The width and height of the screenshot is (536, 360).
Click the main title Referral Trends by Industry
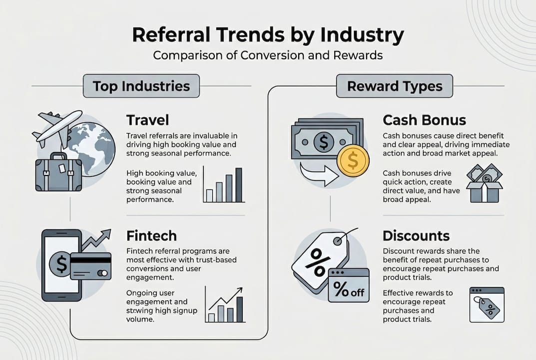[x=268, y=34]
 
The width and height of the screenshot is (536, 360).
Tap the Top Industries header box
[x=141, y=86]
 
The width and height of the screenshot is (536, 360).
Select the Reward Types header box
[x=395, y=86]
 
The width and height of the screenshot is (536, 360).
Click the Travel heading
[x=148, y=120]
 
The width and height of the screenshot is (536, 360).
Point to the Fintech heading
[x=151, y=236]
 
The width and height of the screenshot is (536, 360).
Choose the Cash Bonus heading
[x=424, y=120]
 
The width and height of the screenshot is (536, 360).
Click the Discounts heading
[x=416, y=236]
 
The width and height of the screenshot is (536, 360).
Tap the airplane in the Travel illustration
[x=58, y=128]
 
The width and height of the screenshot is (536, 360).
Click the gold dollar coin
[x=353, y=160]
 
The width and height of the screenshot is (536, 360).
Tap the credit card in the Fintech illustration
[x=90, y=266]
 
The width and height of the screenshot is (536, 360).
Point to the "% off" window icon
[x=349, y=285]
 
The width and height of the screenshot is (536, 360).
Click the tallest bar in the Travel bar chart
[x=239, y=185]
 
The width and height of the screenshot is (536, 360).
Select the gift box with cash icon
[x=485, y=183]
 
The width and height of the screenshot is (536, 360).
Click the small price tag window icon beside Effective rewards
[x=487, y=304]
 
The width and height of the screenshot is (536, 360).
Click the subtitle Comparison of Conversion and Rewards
[x=268, y=55]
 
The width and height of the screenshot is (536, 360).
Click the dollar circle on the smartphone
[x=61, y=264]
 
